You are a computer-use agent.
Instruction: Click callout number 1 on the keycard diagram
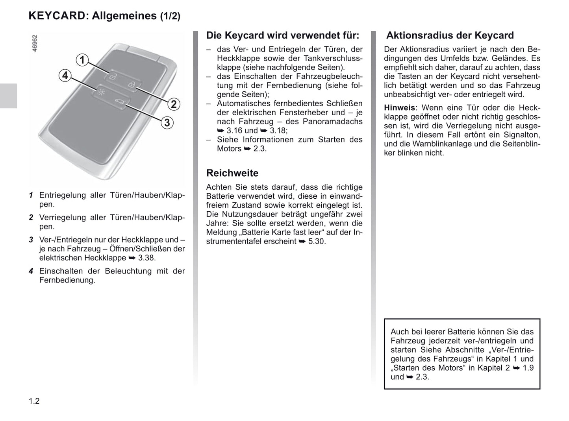click(82, 60)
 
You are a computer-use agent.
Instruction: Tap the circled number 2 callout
click(174, 104)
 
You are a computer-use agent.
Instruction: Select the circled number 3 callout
click(167, 123)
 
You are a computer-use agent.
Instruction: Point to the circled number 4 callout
click(65, 75)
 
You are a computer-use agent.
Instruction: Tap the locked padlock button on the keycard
click(132, 85)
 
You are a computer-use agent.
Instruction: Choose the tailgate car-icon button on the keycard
click(119, 103)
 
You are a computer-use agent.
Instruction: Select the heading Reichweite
click(232, 173)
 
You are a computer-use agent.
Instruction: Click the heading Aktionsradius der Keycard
click(450, 35)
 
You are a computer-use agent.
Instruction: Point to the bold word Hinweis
click(399, 108)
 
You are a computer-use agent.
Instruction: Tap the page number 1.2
click(34, 401)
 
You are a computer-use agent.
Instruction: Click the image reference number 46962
click(35, 43)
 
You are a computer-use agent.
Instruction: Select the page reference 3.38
click(146, 258)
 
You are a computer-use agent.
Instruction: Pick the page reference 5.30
click(317, 241)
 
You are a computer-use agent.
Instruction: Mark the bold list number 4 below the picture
click(31, 271)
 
